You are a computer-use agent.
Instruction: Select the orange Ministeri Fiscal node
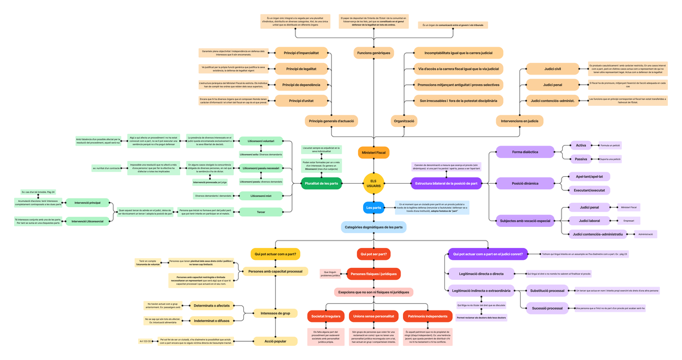pyautogui.click(x=373, y=152)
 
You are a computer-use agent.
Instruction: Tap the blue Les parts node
pyautogui.click(x=373, y=208)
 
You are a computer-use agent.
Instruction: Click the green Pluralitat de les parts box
pyautogui.click(x=322, y=183)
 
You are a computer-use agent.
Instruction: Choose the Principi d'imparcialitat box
pyautogui.click(x=301, y=53)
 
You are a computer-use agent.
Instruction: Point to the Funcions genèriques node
pyautogui.click(x=373, y=53)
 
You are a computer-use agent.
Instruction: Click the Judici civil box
pyautogui.click(x=552, y=69)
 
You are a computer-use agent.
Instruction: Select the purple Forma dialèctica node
pyautogui.click(x=525, y=152)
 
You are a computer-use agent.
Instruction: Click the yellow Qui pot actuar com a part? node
pyautogui.click(x=275, y=254)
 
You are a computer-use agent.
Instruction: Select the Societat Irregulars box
pyautogui.click(x=326, y=316)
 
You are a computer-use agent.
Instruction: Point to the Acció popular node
pyautogui.click(x=275, y=341)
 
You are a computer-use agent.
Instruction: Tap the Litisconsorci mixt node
pyautogui.click(x=261, y=196)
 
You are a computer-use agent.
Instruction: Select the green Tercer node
pyautogui.click(x=261, y=212)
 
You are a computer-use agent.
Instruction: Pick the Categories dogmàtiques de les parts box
pyautogui.click(x=373, y=227)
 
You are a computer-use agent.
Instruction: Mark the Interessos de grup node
pyautogui.click(x=275, y=313)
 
